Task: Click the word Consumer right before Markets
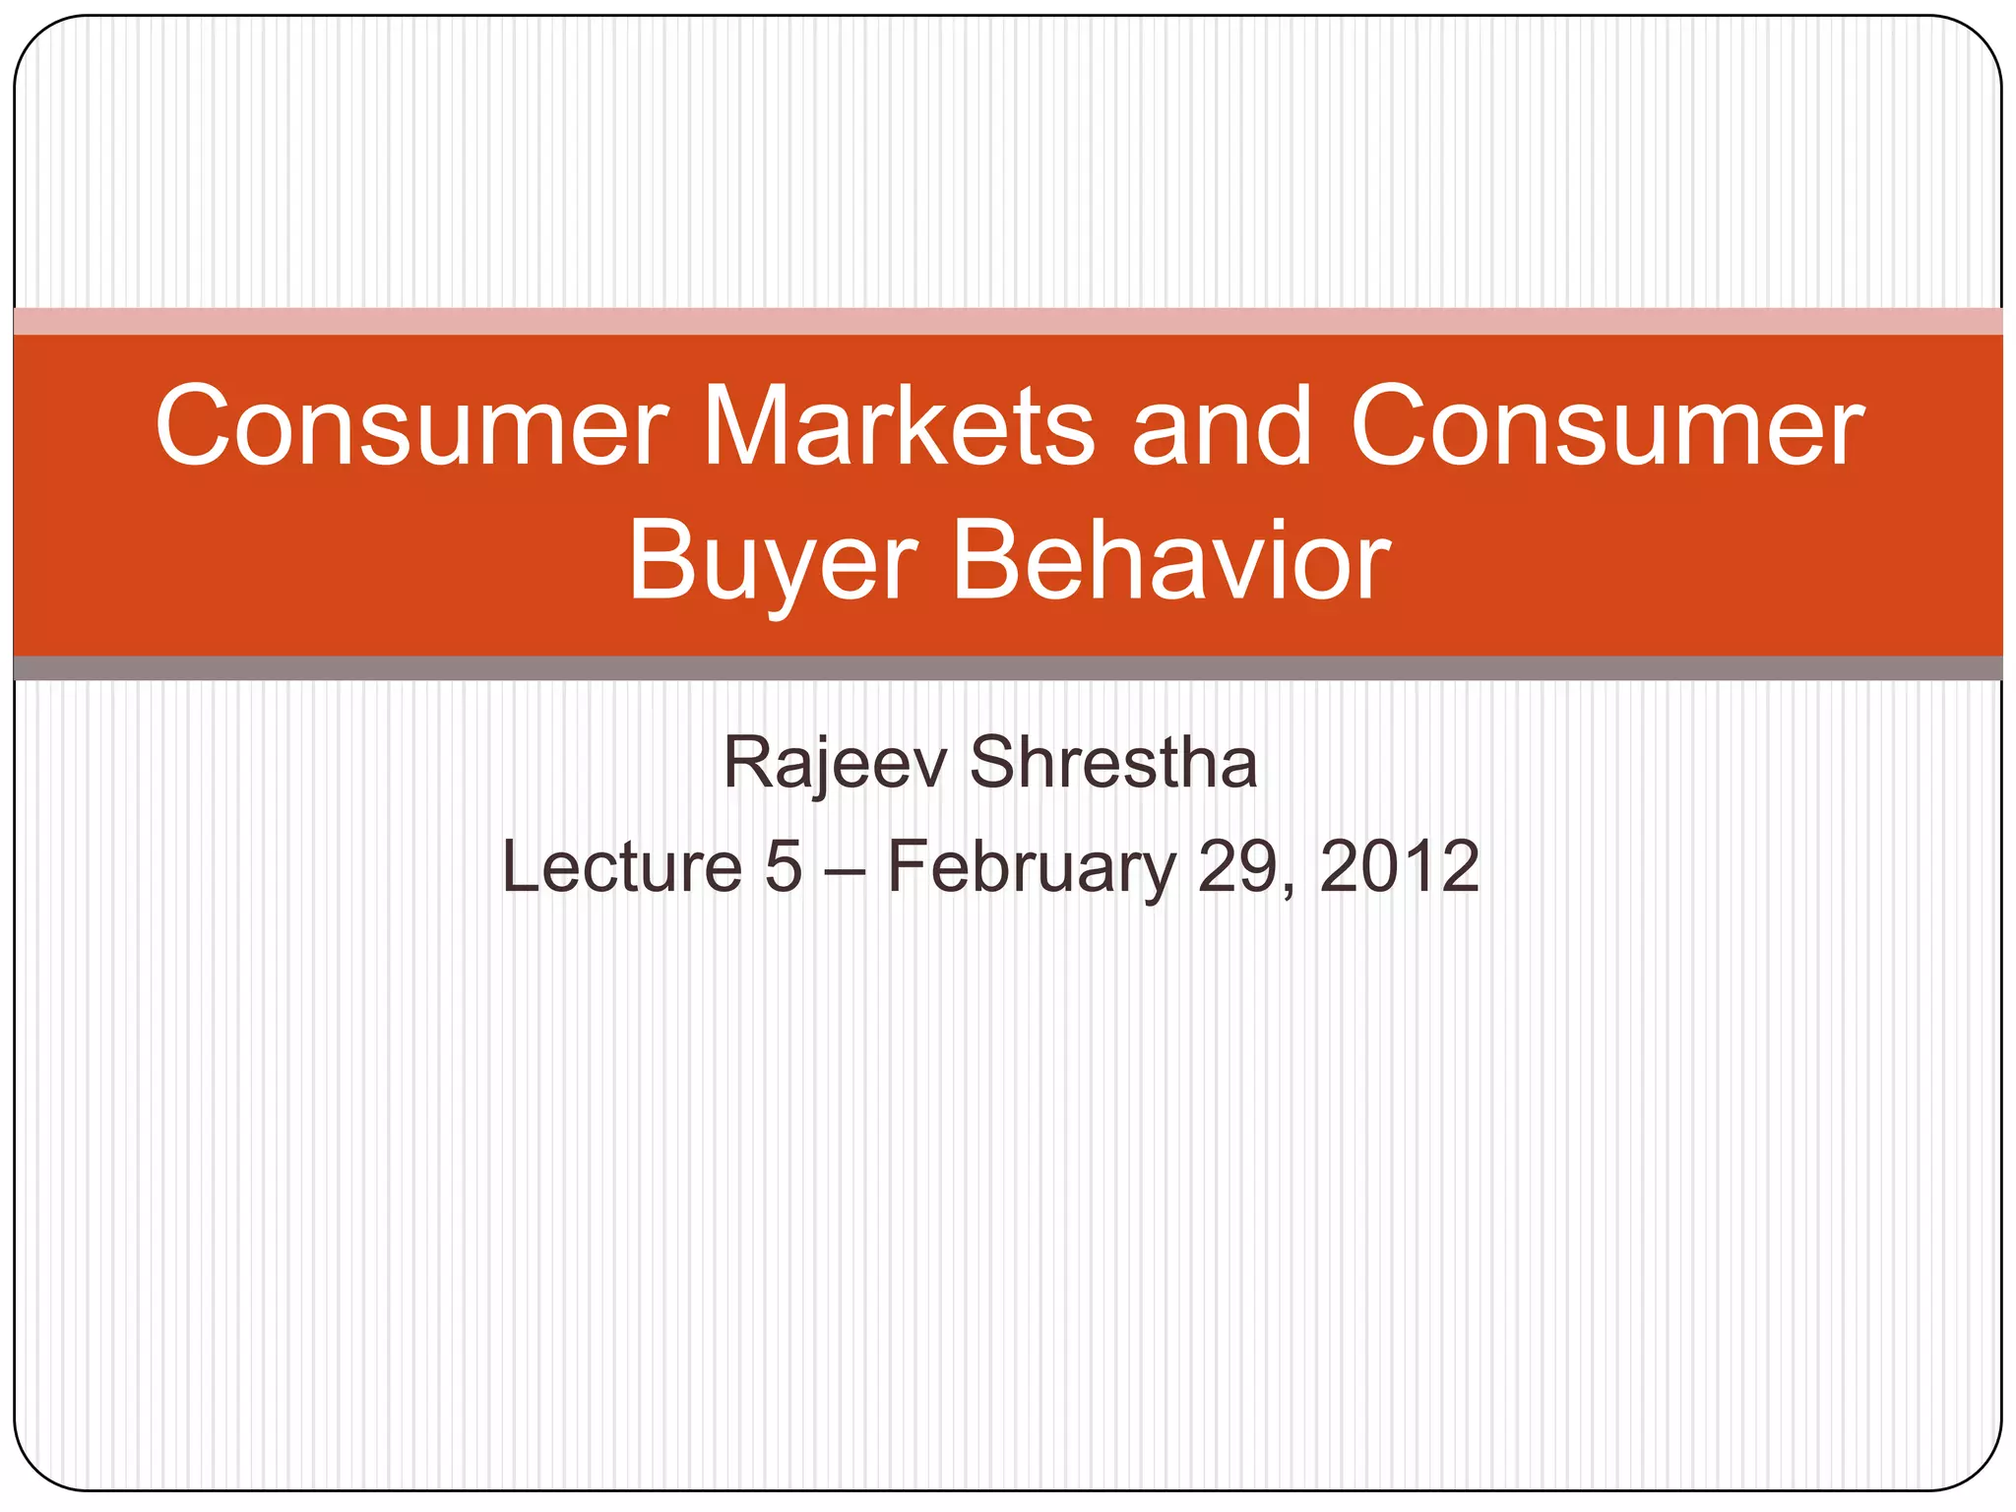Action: pyautogui.click(x=411, y=428)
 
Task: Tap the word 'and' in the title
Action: pyautogui.click(x=1222, y=428)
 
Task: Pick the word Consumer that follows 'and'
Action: pyautogui.click(x=1606, y=428)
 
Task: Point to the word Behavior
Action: pyautogui.click(x=1170, y=563)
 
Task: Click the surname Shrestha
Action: pyautogui.click(x=1113, y=763)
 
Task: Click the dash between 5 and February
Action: pyautogui.click(x=845, y=868)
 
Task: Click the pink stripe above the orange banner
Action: pyautogui.click(x=1008, y=322)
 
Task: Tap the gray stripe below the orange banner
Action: pyautogui.click(x=1008, y=668)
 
